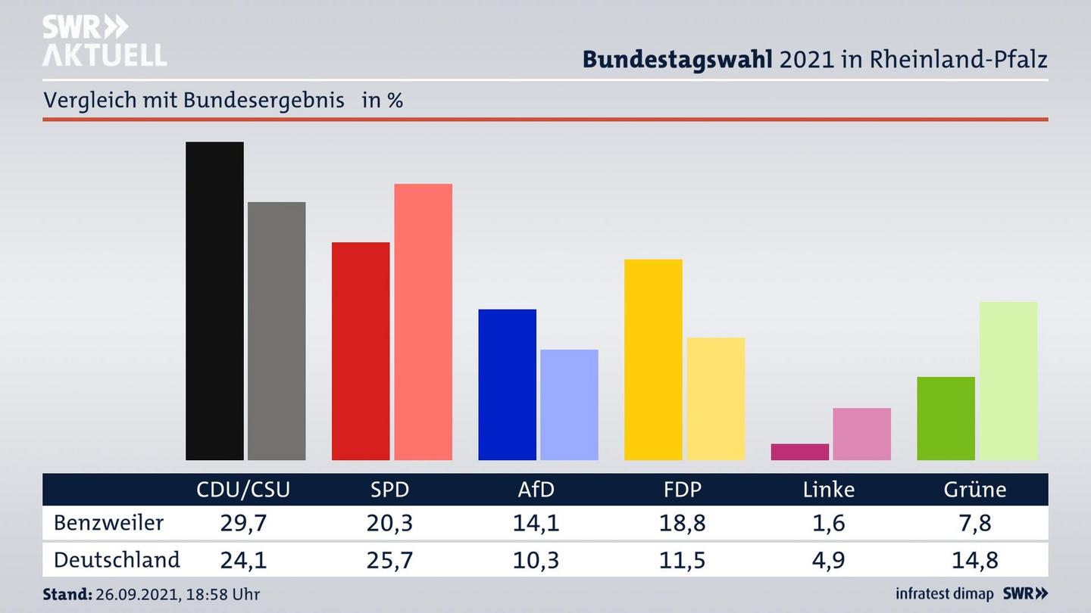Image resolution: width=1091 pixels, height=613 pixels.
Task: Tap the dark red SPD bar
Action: [361, 351]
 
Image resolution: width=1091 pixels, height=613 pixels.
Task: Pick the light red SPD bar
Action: [423, 322]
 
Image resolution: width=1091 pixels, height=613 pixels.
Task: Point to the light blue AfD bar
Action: [569, 405]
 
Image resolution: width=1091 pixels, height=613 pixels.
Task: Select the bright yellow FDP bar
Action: [653, 359]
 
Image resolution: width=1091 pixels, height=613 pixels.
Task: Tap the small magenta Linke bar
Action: [799, 452]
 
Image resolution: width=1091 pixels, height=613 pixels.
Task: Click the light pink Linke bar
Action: [861, 434]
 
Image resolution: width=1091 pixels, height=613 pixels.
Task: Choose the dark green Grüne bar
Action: [946, 419]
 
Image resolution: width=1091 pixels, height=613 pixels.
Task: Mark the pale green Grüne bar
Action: [1008, 381]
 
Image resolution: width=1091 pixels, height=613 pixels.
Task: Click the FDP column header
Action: [683, 490]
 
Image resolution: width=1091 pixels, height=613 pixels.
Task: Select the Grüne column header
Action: [975, 490]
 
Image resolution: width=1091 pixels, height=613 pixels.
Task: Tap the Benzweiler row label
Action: [108, 523]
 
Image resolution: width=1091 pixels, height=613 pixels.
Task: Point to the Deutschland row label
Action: [117, 560]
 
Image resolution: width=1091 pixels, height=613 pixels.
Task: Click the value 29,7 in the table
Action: [243, 523]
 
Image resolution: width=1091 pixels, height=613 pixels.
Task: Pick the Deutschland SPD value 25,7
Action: [390, 560]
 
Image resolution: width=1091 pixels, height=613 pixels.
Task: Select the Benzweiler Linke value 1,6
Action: [829, 523]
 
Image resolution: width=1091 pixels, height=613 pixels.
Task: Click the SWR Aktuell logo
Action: [104, 40]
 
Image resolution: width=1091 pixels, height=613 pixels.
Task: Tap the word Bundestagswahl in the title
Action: [677, 59]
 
